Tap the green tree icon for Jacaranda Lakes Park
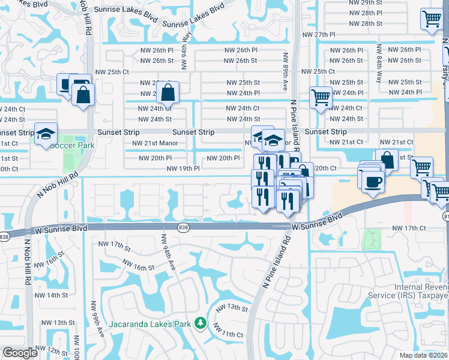tap(200, 325)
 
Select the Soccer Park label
tap(72, 145)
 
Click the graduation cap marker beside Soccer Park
tap(45, 135)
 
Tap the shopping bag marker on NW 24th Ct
tap(168, 93)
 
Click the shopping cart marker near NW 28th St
tap(431, 20)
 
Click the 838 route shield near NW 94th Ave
tap(183, 227)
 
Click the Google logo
tap(20, 353)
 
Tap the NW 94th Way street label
tap(187, 43)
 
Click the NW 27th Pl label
tap(319, 35)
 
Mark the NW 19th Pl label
tap(183, 169)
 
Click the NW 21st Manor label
tap(155, 143)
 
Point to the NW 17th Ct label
tap(408, 229)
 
